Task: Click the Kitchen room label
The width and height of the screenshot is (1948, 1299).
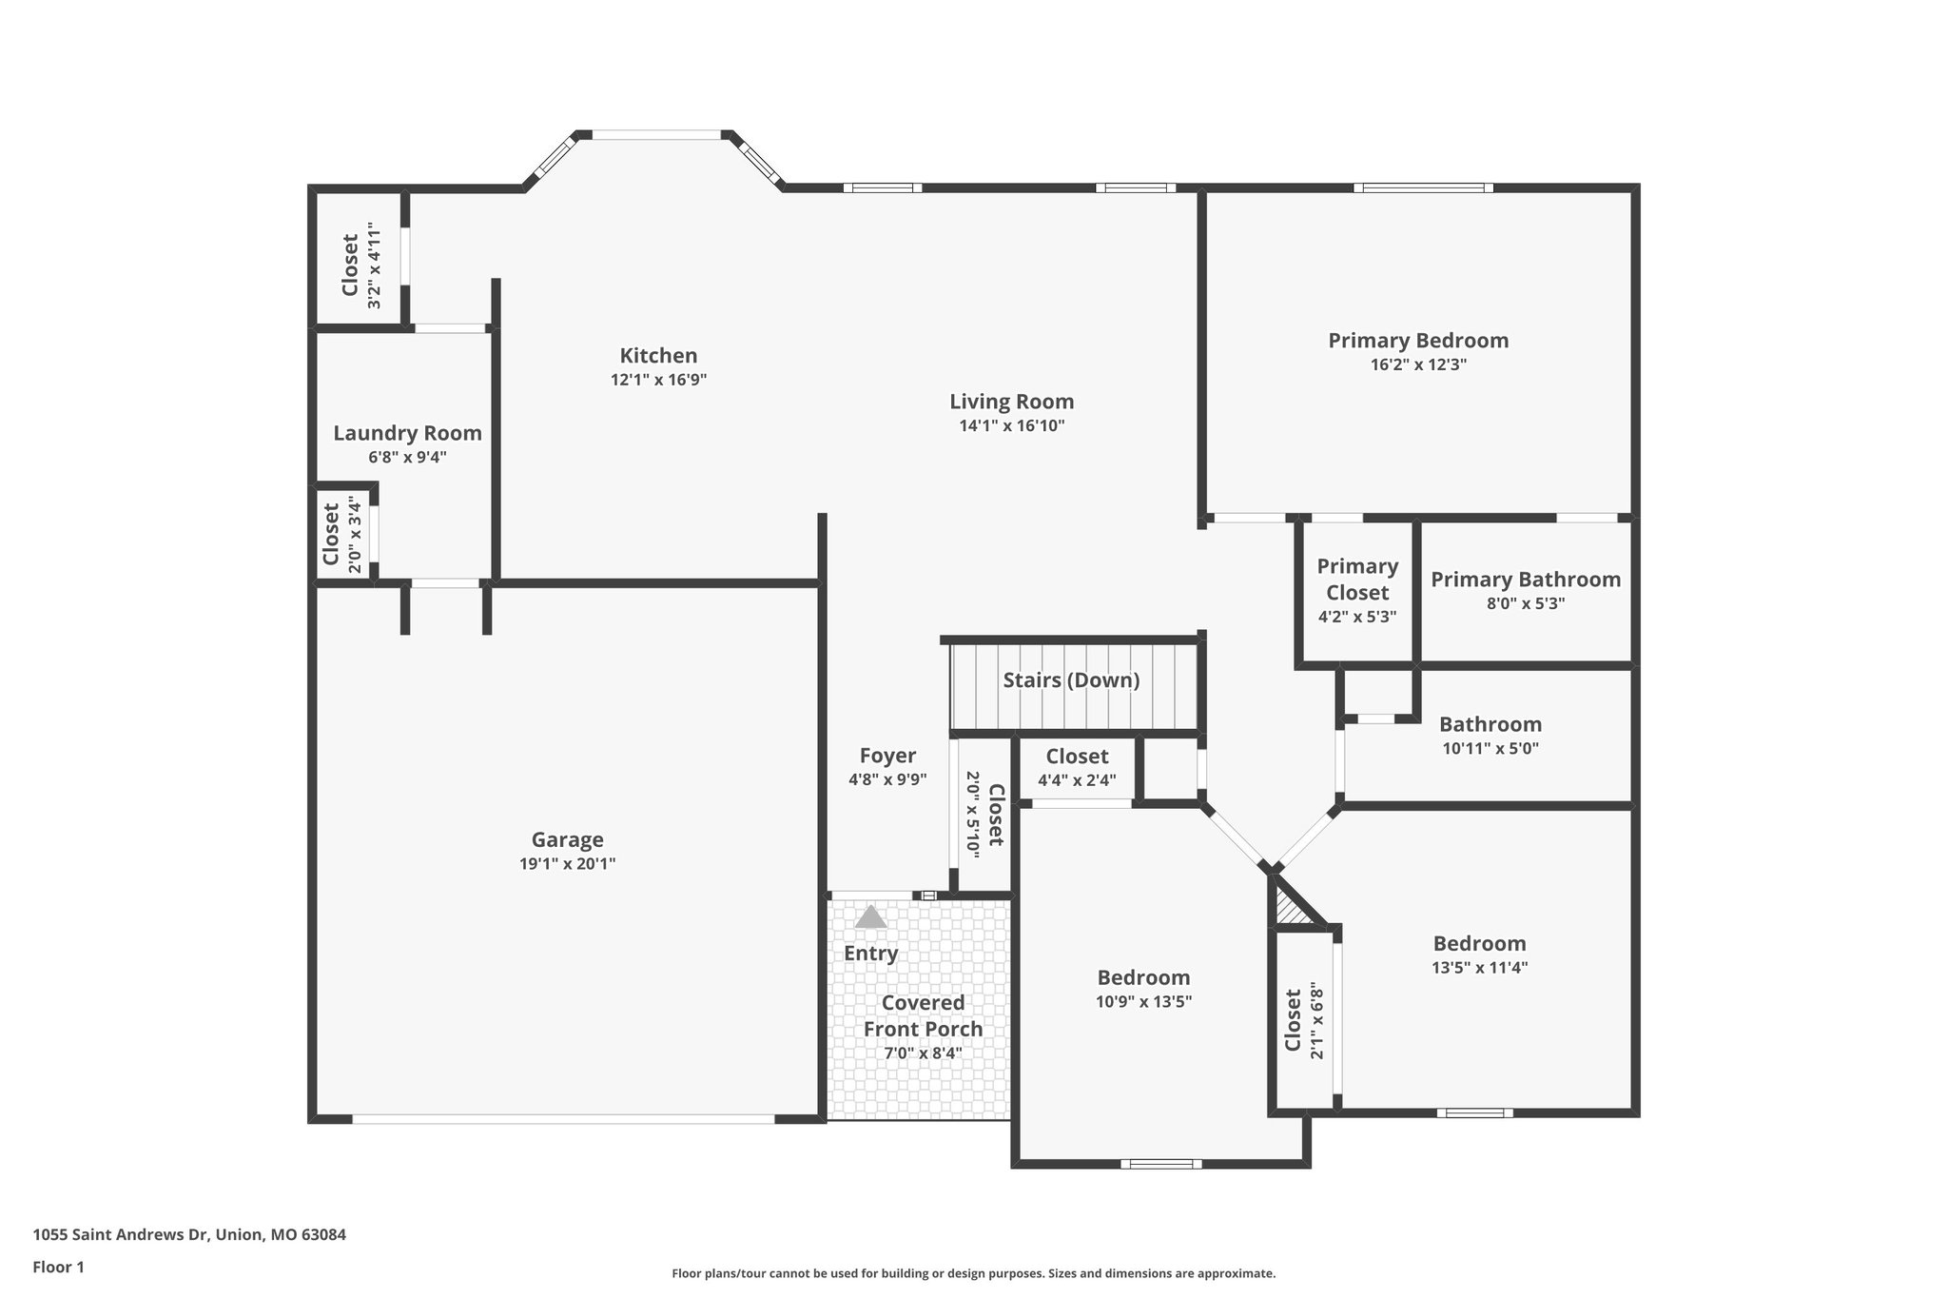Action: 658,356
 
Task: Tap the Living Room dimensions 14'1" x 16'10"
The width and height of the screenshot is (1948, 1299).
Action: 1012,426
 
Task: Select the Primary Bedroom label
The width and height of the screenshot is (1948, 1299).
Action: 1418,341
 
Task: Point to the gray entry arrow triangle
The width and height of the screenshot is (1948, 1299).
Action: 870,917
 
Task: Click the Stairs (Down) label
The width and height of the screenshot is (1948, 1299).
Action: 1071,680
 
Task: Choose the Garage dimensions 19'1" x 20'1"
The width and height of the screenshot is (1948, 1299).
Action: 568,864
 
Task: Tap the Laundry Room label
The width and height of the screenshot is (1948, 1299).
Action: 407,434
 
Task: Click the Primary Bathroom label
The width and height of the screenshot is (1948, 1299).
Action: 1526,580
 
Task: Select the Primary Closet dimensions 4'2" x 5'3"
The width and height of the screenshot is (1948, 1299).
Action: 1357,617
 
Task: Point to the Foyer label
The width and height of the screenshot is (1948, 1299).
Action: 887,756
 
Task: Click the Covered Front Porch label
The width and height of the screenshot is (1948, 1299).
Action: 923,1015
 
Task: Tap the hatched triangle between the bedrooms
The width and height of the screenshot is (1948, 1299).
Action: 1292,903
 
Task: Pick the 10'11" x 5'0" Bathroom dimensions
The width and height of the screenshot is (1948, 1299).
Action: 1490,749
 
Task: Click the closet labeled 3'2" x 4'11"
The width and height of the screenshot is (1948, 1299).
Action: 360,266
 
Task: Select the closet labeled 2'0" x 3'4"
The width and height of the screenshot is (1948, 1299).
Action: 341,535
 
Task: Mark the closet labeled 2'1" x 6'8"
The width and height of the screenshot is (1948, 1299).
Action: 1303,1021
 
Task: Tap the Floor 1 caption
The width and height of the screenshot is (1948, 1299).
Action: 59,1268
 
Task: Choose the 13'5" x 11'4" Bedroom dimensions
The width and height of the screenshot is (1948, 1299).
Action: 1480,969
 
